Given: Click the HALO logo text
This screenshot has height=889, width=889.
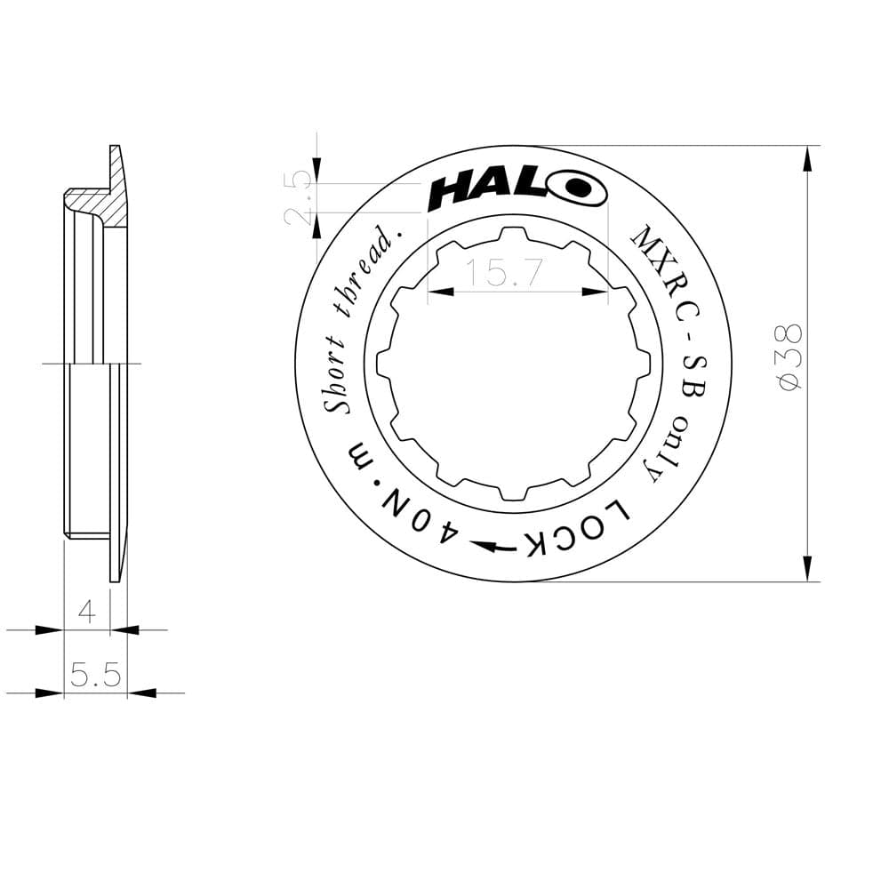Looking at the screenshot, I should pyautogui.click(x=516, y=189).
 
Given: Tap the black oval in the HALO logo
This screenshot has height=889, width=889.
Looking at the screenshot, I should pyautogui.click(x=578, y=188).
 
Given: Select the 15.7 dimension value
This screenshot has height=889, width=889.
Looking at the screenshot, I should pyautogui.click(x=504, y=274).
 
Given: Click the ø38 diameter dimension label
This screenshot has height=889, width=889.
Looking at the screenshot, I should pyautogui.click(x=790, y=356).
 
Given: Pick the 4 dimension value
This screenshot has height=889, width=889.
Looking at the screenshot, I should pyautogui.click(x=87, y=612).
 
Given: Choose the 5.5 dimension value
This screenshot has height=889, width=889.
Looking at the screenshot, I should pyautogui.click(x=95, y=675).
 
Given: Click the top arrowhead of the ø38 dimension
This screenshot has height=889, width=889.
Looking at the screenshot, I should pyautogui.click(x=807, y=160).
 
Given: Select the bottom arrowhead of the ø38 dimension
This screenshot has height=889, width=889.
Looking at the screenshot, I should pyautogui.click(x=807, y=566).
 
